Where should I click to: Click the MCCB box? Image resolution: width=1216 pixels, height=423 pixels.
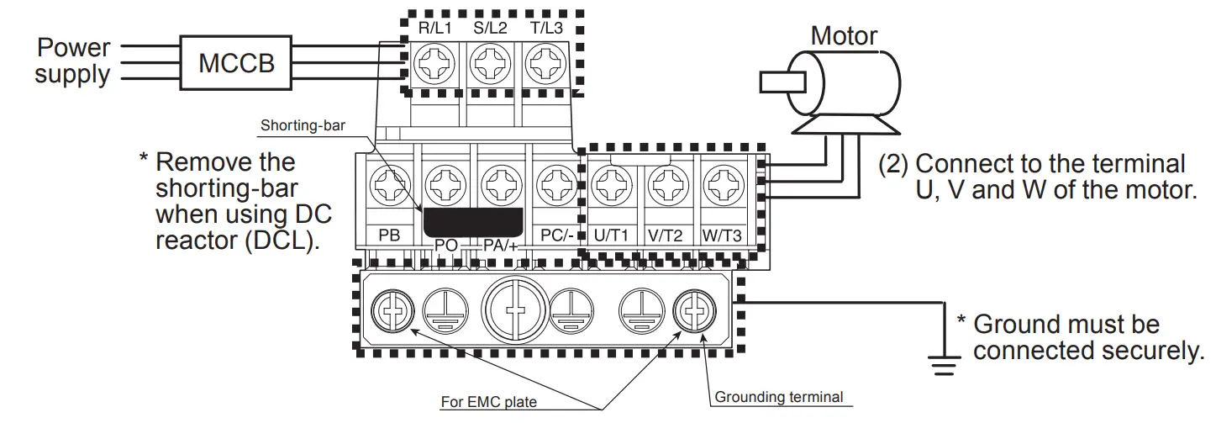tap(236, 62)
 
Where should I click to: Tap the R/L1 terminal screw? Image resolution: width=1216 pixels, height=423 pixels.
tap(435, 61)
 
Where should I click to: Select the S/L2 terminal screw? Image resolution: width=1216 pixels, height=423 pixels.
tap(489, 61)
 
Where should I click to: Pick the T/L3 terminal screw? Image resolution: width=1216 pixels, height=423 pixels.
tap(543, 61)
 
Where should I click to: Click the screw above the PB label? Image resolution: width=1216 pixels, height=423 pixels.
tap(390, 182)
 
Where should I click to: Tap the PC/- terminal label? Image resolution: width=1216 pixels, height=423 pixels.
tap(557, 236)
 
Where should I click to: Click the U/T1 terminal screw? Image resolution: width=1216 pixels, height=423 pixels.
tap(612, 182)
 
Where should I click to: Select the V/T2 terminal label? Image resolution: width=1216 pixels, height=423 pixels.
tap(667, 236)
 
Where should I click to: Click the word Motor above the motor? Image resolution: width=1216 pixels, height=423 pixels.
tap(844, 36)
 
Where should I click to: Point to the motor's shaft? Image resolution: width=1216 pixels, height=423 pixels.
tap(782, 82)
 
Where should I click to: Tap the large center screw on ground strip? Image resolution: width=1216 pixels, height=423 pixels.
tap(516, 308)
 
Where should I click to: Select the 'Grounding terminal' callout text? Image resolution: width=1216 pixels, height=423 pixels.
tap(777, 397)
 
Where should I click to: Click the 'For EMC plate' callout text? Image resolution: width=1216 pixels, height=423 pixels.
tap(488, 402)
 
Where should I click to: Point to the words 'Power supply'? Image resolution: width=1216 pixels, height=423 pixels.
tap(72, 61)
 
